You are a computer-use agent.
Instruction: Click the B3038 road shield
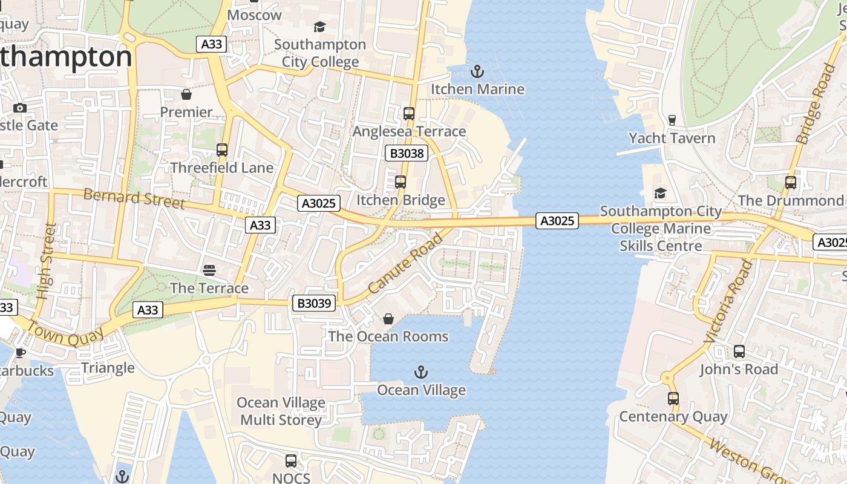point(407,153)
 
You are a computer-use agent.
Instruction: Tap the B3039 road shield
point(314,302)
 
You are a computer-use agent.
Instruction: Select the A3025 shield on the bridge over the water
point(557,221)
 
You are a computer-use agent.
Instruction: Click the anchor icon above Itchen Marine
point(478,71)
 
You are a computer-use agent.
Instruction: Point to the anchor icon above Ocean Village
point(421,371)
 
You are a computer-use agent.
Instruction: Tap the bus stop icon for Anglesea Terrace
point(409,113)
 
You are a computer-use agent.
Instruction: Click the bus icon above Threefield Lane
point(222,149)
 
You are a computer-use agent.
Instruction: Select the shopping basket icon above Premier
point(186,94)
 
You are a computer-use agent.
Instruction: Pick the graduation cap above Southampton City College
point(319,27)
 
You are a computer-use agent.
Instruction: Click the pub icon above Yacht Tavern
point(672,120)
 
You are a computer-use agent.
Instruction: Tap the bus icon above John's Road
point(739,351)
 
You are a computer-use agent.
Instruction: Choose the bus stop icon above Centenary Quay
point(673,399)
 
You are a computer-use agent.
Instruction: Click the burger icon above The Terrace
point(209,270)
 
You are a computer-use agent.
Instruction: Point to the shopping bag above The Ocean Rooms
point(388,318)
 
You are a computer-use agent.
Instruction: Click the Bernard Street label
point(134,198)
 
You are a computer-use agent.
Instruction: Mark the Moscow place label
point(255,15)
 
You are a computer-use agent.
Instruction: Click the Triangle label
point(108,368)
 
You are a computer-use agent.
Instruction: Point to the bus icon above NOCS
point(291,460)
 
